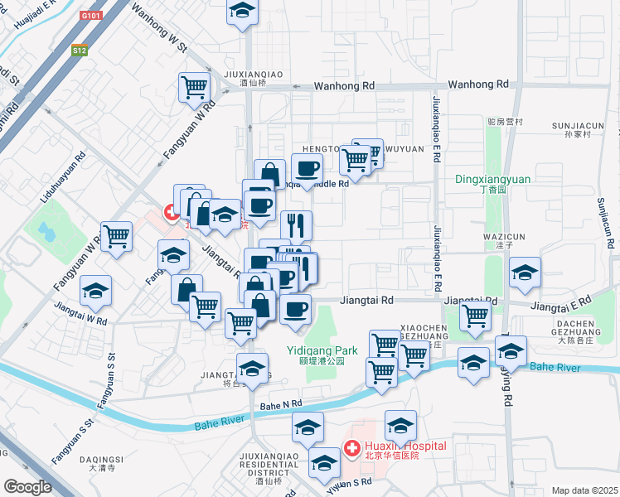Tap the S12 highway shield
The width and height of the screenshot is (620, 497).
(x=79, y=51)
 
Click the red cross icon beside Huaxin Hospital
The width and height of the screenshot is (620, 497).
(x=352, y=450)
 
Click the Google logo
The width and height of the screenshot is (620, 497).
(x=27, y=486)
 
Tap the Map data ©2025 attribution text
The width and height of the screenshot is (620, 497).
(x=584, y=490)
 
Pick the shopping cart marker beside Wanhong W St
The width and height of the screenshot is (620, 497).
(x=194, y=86)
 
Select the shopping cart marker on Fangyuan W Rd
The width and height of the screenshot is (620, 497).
(x=116, y=235)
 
